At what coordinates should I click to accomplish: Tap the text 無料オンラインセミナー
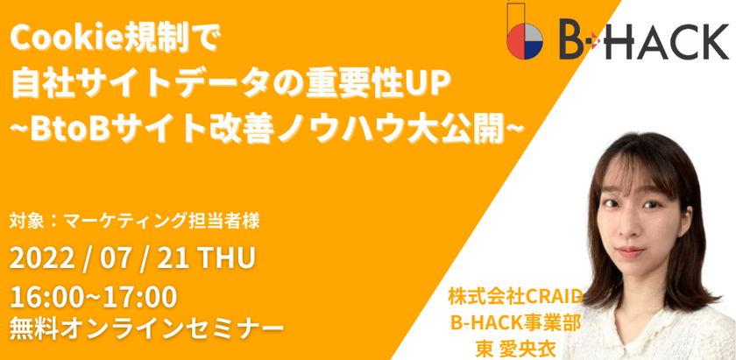coord(145,328)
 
